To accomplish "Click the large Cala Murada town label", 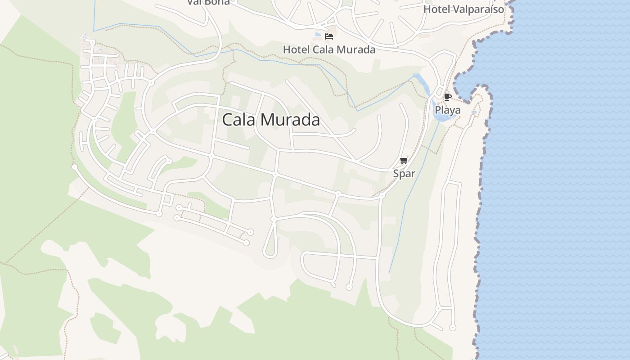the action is pos(271,120).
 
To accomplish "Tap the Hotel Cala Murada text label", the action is pos(329,49).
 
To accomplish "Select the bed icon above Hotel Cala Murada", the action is pos(329,36).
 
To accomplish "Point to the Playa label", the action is pos(447,110).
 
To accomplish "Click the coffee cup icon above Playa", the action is pos(447,97).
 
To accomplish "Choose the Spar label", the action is pos(404,174).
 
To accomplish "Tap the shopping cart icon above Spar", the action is pos(404,161).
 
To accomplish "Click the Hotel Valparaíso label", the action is pos(463,9).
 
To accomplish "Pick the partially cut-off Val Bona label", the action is pos(208,3).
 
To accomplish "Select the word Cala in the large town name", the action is pos(239,120).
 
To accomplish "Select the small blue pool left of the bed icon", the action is pos(319,35).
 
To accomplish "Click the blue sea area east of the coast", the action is pos(562,180).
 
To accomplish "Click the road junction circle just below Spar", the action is pos(382,195).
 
